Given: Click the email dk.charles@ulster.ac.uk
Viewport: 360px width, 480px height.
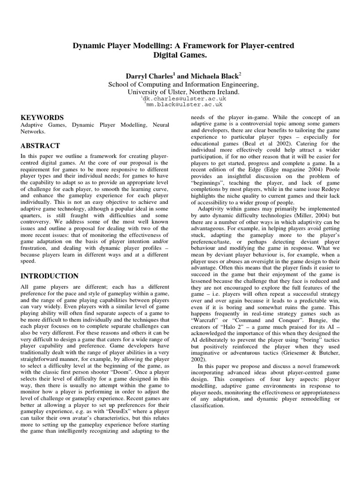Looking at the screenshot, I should click(180, 99).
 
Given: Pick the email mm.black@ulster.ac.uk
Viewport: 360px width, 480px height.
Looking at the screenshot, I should click(180, 106).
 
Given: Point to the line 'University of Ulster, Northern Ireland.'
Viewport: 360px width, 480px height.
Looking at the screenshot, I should click(180, 92).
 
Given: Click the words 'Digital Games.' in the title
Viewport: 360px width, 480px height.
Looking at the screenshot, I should click(180, 55).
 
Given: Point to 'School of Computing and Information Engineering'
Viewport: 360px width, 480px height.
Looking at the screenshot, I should click(180, 84).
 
